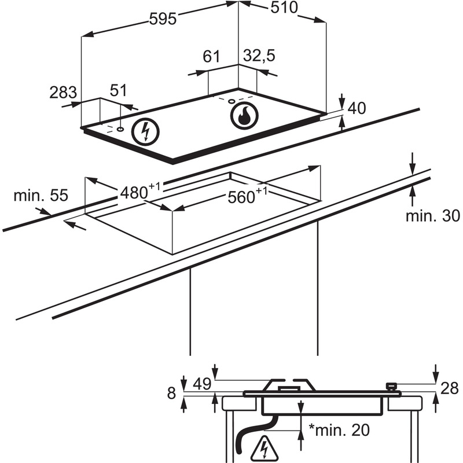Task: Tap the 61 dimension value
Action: point(212,56)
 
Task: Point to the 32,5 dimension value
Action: point(259,56)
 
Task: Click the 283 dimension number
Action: point(63,92)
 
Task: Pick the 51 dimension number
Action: point(118,90)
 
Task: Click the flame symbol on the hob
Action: point(243,115)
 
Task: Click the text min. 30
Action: point(432,216)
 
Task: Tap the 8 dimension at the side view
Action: point(171,394)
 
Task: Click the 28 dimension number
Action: point(449,388)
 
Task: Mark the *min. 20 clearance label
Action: point(338,431)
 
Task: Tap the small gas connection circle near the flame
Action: point(232,102)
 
